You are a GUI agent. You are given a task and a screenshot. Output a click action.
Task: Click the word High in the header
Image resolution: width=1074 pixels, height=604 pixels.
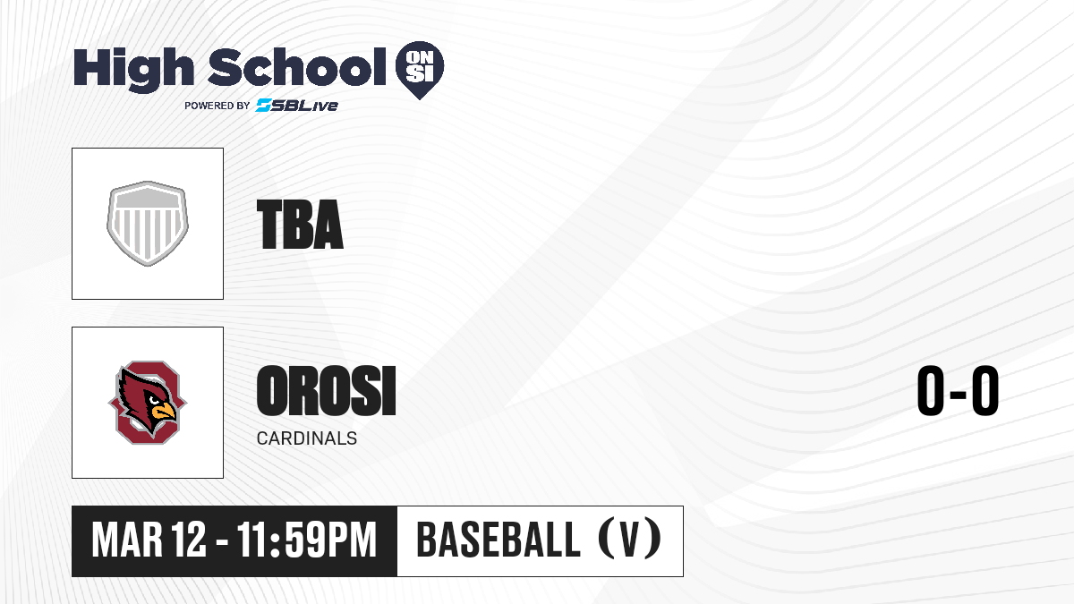click(133, 70)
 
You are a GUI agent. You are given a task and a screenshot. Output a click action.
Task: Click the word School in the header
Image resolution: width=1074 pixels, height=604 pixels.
click(297, 67)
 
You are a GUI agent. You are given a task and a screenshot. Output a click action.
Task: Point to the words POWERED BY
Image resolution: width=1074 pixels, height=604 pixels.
click(217, 106)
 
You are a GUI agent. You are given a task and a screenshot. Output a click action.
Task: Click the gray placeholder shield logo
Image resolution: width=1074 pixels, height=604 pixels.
click(148, 224)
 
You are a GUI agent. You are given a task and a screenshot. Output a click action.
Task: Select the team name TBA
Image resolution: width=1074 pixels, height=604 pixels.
click(300, 225)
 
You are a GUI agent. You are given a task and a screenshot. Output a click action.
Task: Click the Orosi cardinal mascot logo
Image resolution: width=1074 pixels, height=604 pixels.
click(148, 402)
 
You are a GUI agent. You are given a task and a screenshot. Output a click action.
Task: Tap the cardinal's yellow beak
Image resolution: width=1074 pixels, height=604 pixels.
click(164, 412)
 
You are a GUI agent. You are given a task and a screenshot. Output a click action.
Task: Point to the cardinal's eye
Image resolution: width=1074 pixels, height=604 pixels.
click(154, 400)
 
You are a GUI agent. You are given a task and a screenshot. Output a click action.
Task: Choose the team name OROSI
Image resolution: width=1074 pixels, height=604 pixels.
click(327, 391)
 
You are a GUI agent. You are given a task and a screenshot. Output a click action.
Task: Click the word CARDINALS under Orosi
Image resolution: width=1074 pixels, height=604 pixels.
click(307, 438)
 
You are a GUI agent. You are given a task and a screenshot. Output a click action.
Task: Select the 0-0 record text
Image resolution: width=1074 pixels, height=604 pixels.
click(958, 391)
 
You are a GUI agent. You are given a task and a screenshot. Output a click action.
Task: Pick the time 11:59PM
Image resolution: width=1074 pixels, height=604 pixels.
click(307, 540)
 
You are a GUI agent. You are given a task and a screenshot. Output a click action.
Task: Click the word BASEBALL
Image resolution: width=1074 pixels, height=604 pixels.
click(499, 540)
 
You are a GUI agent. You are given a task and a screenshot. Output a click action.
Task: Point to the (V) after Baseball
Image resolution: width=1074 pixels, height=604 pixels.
click(630, 539)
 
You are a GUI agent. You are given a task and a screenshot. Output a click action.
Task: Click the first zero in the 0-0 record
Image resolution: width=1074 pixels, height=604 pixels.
click(931, 391)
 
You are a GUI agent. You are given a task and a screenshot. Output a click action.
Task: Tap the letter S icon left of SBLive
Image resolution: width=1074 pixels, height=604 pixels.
click(263, 106)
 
